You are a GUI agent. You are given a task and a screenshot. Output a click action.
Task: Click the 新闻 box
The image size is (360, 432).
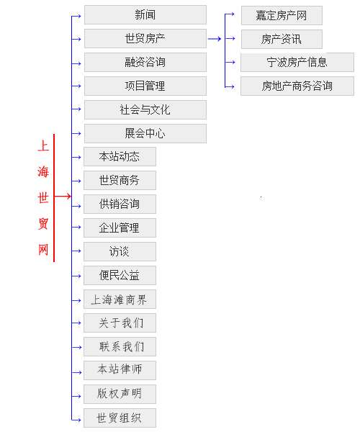[x=145, y=14]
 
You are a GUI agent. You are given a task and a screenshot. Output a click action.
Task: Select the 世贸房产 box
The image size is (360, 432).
[x=145, y=39]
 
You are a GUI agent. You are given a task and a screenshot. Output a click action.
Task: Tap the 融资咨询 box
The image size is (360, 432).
[x=145, y=62]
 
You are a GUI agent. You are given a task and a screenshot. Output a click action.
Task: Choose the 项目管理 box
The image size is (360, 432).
[x=145, y=86]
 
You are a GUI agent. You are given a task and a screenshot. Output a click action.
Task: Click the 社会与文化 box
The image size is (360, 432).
[x=145, y=109]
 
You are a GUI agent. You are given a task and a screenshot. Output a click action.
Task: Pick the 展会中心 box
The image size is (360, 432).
[x=145, y=133]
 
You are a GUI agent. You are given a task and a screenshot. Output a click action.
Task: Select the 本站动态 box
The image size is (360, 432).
[x=120, y=156]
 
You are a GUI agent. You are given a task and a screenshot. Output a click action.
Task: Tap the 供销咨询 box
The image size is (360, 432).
[x=120, y=204]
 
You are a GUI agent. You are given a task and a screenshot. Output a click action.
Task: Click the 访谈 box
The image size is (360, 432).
[x=120, y=251]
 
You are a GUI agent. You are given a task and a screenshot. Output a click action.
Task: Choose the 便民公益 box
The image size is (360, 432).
[x=120, y=275]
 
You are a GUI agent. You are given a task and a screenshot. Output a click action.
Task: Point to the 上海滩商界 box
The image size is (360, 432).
[x=120, y=299]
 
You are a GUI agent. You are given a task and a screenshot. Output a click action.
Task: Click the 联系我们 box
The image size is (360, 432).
[x=120, y=346]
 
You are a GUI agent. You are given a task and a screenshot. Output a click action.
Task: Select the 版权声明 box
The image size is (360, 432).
[x=120, y=394]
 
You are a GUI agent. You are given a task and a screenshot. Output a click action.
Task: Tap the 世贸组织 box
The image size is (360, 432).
[x=120, y=418]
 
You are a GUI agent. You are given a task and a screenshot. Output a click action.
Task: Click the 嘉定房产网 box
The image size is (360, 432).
[x=282, y=15]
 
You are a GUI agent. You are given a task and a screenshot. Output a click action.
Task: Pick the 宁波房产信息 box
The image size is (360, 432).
[x=297, y=62]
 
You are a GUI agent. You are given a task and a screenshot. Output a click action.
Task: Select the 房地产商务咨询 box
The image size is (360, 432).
[x=297, y=86]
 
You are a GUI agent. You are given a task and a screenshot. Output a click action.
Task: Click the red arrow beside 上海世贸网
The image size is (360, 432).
[x=63, y=196]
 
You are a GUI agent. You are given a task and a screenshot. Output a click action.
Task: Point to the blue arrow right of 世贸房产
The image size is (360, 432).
[x=215, y=39]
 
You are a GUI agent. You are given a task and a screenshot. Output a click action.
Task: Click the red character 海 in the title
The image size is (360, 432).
[x=43, y=171]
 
